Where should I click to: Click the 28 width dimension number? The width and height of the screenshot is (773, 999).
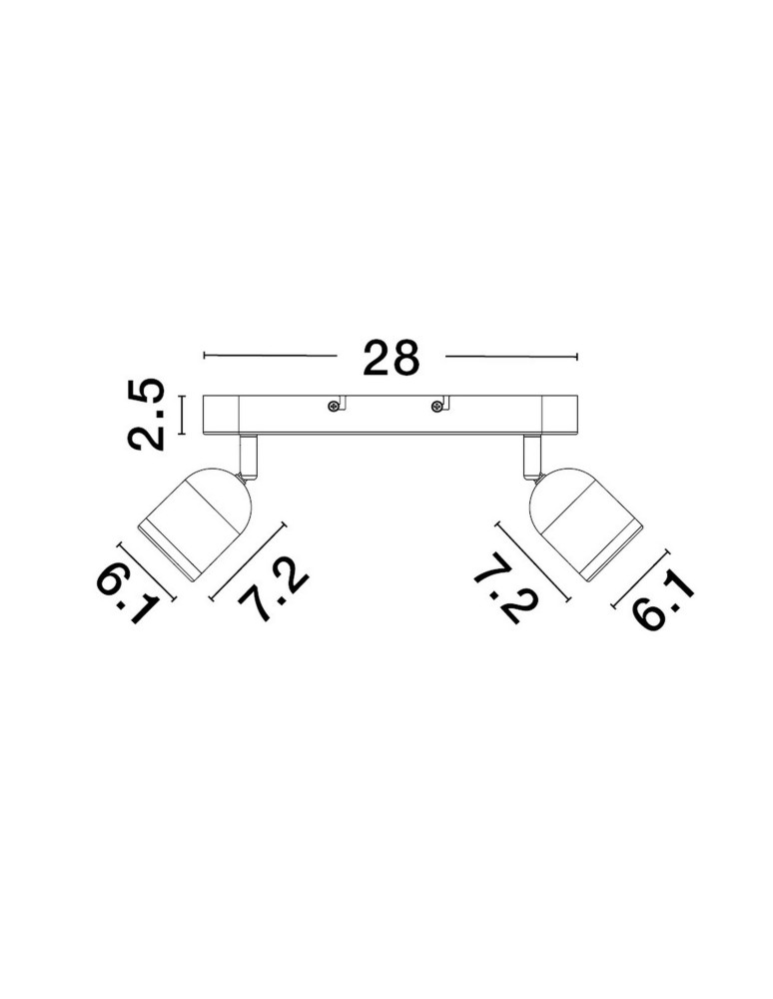point(390,357)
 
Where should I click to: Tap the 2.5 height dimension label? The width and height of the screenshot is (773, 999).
point(147,415)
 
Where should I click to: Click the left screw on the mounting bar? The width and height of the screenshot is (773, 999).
point(333,407)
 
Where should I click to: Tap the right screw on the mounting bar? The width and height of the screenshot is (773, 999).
point(436,407)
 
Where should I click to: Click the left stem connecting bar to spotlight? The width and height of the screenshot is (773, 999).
point(249,456)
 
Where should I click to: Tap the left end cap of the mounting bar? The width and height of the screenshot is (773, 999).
point(221,416)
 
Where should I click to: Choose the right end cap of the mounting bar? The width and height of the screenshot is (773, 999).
point(559,416)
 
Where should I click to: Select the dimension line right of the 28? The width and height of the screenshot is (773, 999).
point(511,356)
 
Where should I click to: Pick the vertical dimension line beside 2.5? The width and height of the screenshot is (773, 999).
point(183,415)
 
